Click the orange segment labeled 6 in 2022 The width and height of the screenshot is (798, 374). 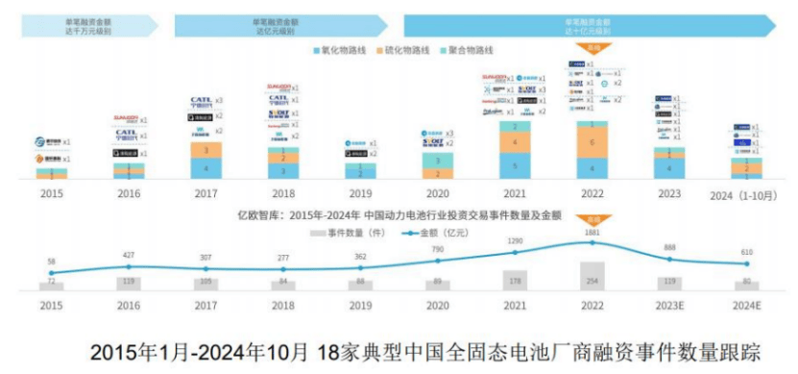tap(591, 142)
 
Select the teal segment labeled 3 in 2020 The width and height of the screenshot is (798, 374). tap(438, 161)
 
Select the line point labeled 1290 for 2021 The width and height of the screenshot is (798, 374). tap(516, 252)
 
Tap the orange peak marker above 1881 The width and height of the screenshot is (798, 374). tap(592, 218)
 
